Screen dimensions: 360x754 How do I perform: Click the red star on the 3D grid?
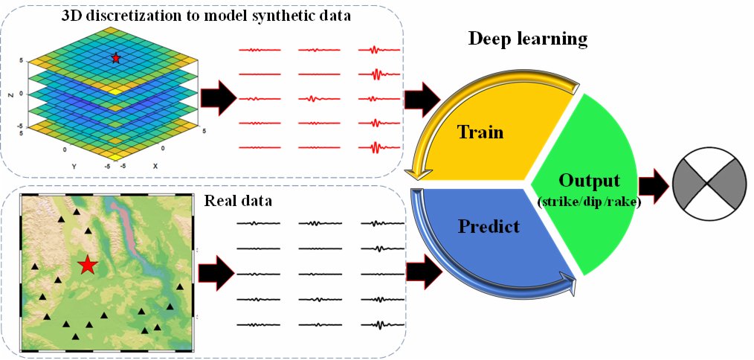pyautogui.click(x=115, y=58)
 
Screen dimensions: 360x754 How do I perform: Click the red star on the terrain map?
pyautogui.click(x=88, y=264)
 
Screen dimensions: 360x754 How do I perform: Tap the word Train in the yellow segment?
pyautogui.click(x=480, y=133)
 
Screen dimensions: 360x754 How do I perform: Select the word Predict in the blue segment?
pyautogui.click(x=489, y=226)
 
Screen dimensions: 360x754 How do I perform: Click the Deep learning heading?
pyautogui.click(x=527, y=38)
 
